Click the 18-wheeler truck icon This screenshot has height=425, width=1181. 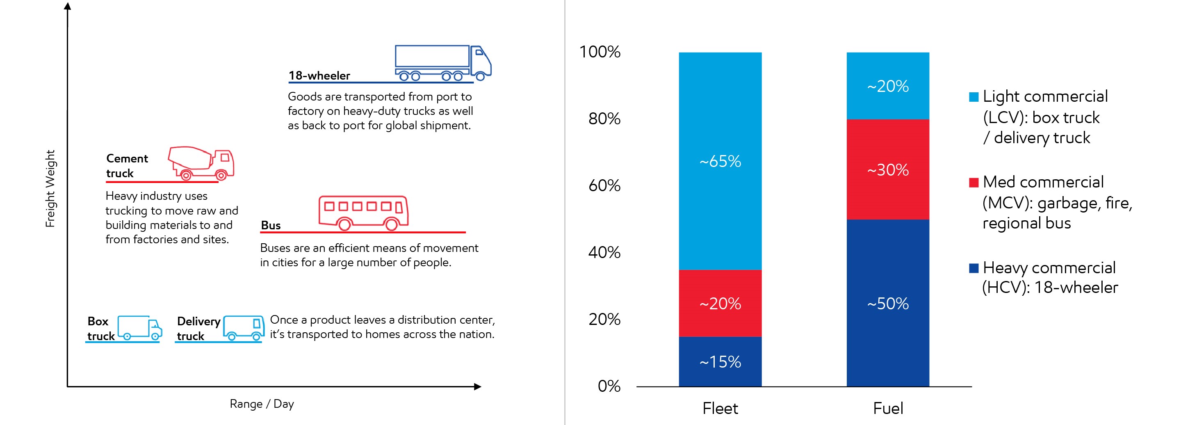[442, 63]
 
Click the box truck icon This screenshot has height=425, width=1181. [139, 328]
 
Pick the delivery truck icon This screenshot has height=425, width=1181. [244, 328]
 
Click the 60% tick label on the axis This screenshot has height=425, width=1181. [604, 185]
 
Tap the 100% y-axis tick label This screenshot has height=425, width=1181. [600, 51]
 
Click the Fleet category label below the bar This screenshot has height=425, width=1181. [720, 408]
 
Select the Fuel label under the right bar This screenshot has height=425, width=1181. [887, 408]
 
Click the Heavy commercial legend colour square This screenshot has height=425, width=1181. [974, 268]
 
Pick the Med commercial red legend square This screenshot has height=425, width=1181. [974, 183]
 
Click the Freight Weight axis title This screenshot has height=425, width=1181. [50, 188]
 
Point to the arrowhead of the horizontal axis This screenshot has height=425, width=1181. [478, 386]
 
